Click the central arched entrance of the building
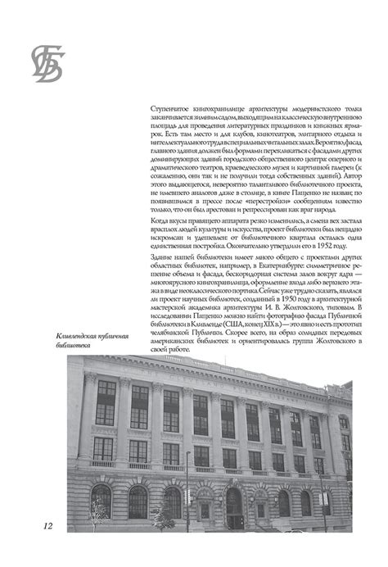(x=235, y=504)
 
